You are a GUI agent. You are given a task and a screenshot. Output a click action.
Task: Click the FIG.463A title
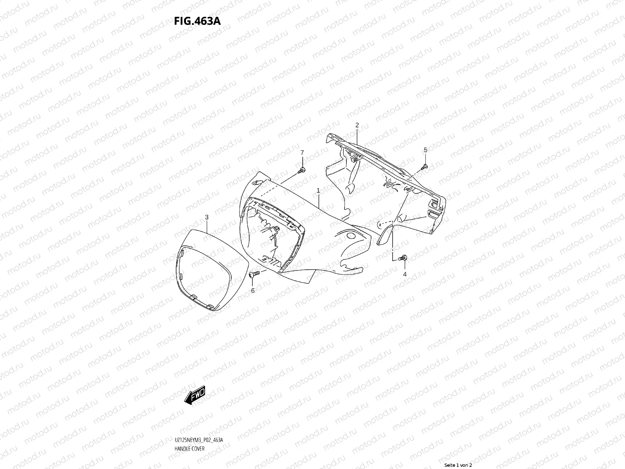tap(197, 21)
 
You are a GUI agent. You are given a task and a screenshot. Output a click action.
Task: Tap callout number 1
tap(318, 190)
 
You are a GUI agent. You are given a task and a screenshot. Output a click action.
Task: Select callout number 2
tap(357, 125)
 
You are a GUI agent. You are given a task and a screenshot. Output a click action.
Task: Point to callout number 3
tap(207, 217)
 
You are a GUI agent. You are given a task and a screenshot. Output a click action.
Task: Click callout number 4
tap(405, 274)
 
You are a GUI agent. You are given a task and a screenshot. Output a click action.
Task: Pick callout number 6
tap(252, 290)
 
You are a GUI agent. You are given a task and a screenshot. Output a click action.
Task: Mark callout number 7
tap(302, 152)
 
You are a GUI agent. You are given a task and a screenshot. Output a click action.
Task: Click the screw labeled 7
tap(302, 170)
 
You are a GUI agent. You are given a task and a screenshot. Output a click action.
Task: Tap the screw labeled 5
tap(425, 167)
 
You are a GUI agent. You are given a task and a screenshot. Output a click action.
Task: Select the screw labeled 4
tap(403, 258)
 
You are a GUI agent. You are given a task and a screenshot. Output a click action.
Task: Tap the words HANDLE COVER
tap(189, 449)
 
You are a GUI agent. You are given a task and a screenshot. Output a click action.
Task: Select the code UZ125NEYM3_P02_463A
tap(199, 440)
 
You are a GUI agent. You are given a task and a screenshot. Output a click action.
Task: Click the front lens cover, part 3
tap(211, 270)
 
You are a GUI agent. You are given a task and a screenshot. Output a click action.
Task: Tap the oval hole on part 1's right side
tap(351, 235)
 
